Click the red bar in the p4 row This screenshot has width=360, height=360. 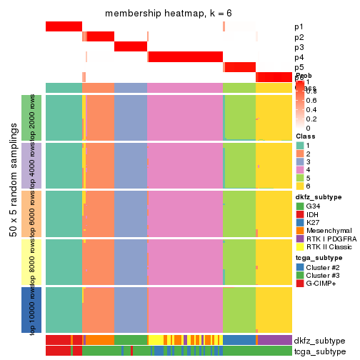click(x=185, y=57)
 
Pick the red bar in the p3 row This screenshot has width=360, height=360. click(x=131, y=47)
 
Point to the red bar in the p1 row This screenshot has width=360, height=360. click(x=64, y=26)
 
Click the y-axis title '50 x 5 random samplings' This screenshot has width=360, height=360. click(x=13, y=214)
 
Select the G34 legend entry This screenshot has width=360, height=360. click(x=300, y=206)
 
